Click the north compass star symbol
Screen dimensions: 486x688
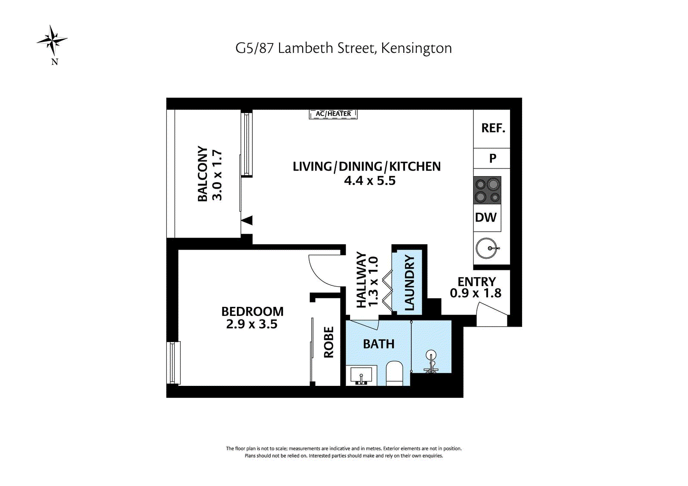(x=52, y=41)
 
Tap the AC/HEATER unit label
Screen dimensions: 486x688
(x=333, y=114)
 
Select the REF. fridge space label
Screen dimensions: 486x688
(x=493, y=128)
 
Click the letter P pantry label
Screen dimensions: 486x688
(x=493, y=159)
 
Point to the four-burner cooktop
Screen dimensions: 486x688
(x=487, y=190)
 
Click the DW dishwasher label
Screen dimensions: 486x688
(x=486, y=217)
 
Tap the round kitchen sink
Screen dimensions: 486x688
(x=487, y=248)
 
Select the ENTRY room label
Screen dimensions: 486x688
(x=476, y=282)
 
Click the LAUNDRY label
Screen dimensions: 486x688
(x=409, y=283)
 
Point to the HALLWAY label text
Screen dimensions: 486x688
(x=361, y=280)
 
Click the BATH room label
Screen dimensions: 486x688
(x=378, y=344)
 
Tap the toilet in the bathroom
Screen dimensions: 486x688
(x=394, y=373)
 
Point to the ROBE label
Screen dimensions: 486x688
(x=329, y=342)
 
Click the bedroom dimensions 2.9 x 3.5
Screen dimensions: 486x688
(x=252, y=324)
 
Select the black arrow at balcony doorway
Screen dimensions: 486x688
(x=247, y=220)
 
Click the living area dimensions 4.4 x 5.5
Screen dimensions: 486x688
(x=369, y=181)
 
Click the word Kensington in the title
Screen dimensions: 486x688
(x=416, y=48)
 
